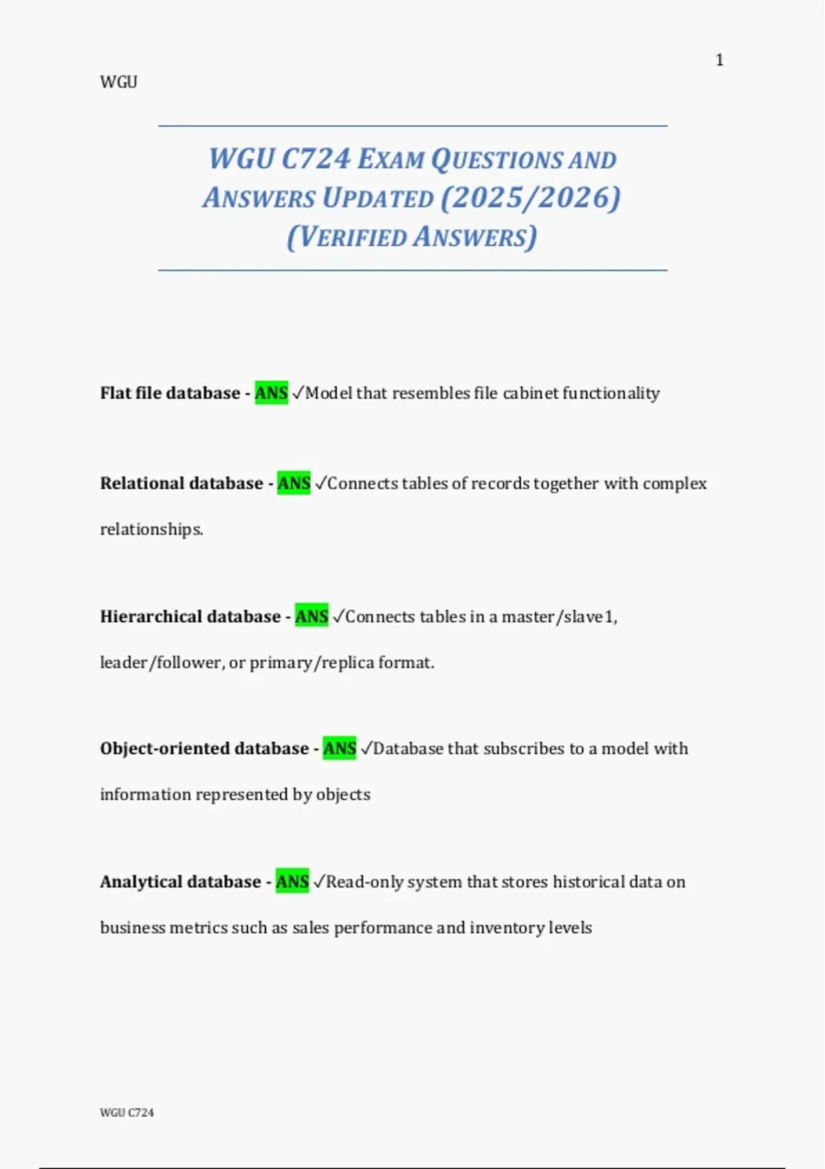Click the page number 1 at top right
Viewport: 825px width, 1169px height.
click(719, 61)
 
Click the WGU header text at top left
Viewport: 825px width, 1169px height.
click(118, 83)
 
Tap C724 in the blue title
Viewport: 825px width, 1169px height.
click(316, 159)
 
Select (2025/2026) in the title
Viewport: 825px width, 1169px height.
click(531, 198)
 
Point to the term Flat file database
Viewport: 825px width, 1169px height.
click(170, 393)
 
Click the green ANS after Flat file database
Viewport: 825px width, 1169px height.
click(272, 393)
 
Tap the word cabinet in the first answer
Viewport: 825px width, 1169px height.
click(530, 393)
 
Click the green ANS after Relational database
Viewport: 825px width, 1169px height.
click(294, 483)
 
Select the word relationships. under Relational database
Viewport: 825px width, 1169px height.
click(151, 529)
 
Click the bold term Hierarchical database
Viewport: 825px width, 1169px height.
click(190, 617)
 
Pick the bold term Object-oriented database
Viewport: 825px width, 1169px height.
click(204, 749)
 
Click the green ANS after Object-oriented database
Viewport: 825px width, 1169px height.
click(340, 749)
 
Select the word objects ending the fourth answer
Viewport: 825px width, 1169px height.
click(343, 795)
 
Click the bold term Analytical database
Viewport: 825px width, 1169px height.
click(180, 882)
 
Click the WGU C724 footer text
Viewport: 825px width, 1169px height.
click(127, 1113)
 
